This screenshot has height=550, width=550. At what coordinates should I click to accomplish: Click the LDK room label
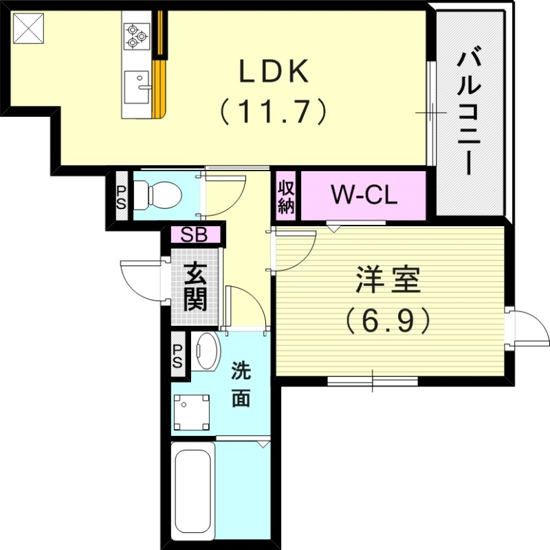[x=273, y=71]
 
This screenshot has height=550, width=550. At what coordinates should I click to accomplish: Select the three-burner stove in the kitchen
[x=135, y=35]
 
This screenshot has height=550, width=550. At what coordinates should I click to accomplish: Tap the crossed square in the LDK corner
[x=27, y=28]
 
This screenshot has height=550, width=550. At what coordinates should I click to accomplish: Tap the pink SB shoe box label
[x=196, y=235]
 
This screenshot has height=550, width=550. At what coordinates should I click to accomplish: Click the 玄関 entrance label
[x=196, y=287]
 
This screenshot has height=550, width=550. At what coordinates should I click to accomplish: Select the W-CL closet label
[x=364, y=196]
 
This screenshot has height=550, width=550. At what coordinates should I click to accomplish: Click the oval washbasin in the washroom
[x=205, y=353]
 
